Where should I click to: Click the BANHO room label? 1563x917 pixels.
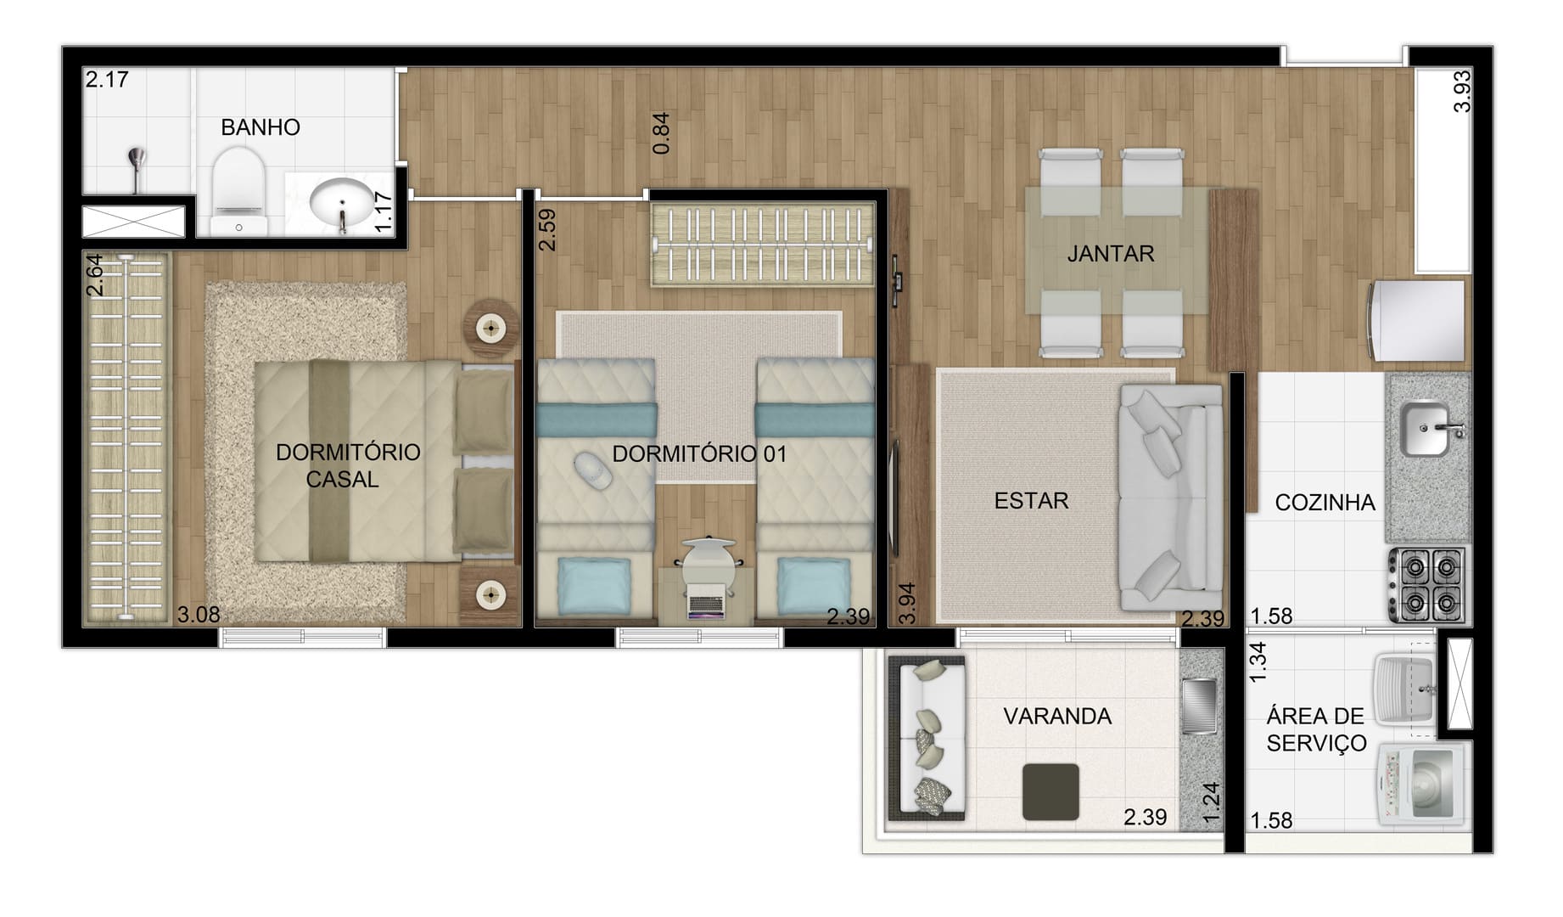click(x=260, y=127)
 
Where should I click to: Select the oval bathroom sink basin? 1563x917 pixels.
click(x=341, y=202)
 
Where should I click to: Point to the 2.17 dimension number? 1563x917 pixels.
click(x=107, y=80)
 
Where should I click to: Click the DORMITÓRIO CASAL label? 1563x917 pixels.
click(x=347, y=465)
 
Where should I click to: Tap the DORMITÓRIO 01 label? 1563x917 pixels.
click(x=699, y=454)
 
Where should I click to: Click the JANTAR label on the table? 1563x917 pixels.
click(x=1110, y=254)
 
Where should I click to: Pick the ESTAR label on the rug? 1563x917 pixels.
click(x=1031, y=501)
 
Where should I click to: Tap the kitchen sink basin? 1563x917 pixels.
click(x=1426, y=429)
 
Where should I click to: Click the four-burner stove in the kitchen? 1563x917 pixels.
click(x=1427, y=586)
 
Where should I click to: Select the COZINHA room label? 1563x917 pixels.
click(x=1325, y=503)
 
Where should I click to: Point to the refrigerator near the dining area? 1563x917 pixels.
click(x=1417, y=321)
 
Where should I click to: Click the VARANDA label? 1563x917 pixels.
click(x=1057, y=717)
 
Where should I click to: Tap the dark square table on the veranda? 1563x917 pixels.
click(x=1050, y=791)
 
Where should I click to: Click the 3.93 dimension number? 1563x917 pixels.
click(x=1461, y=92)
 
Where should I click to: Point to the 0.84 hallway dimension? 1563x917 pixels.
click(x=661, y=133)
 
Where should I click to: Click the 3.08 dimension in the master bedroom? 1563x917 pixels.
click(x=199, y=615)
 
